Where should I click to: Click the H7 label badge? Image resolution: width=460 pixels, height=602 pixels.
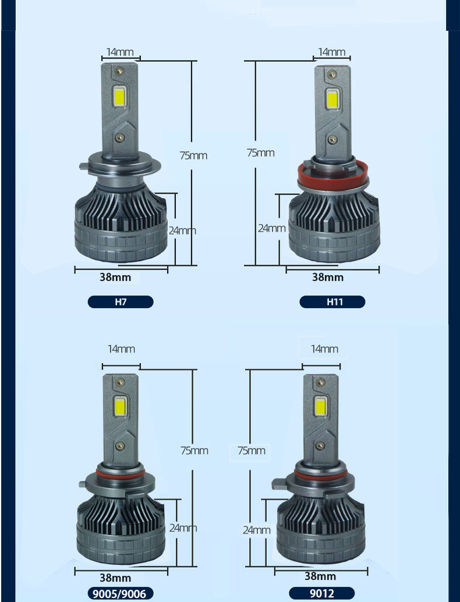[121, 302]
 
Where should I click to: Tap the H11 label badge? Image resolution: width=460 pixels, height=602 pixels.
[332, 302]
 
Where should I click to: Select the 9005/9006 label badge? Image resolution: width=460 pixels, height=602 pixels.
[121, 593]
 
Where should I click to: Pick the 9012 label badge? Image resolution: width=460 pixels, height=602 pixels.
[321, 593]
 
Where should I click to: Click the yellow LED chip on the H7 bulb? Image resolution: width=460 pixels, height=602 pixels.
[120, 95]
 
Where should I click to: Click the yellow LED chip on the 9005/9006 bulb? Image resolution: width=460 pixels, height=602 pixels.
[121, 407]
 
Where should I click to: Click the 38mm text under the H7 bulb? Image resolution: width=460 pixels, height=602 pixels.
[115, 277]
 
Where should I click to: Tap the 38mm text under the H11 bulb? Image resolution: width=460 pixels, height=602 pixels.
[328, 277]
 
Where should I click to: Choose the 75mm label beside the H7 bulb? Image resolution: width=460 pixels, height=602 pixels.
[194, 155]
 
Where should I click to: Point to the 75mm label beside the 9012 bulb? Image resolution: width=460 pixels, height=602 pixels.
[252, 450]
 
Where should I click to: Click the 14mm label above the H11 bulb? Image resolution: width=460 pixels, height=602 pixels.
[332, 51]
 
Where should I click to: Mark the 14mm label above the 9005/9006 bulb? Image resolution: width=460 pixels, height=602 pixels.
[122, 348]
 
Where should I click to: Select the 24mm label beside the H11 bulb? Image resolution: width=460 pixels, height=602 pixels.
[272, 228]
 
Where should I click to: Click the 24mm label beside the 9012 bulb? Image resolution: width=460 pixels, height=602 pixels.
[257, 530]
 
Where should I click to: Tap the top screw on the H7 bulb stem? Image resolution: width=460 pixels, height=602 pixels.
[120, 70]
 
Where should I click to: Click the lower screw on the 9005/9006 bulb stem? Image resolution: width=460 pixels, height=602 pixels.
[121, 446]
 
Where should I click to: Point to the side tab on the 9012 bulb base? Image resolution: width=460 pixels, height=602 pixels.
[280, 484]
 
